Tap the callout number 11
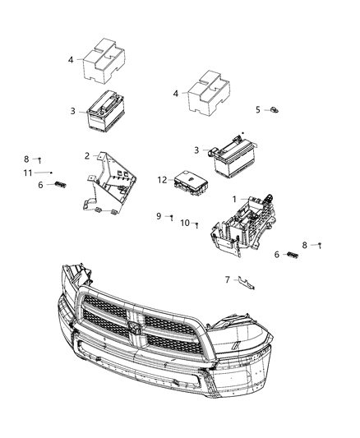pos(27,173)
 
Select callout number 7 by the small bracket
pos(228,279)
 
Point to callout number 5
pos(257,108)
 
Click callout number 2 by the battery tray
pos(87,155)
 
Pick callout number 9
pos(159,216)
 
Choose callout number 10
pos(185,222)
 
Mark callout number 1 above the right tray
pos(234,199)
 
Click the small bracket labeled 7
pos(246,283)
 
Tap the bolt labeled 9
pos(171,218)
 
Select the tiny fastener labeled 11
pos(51,173)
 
